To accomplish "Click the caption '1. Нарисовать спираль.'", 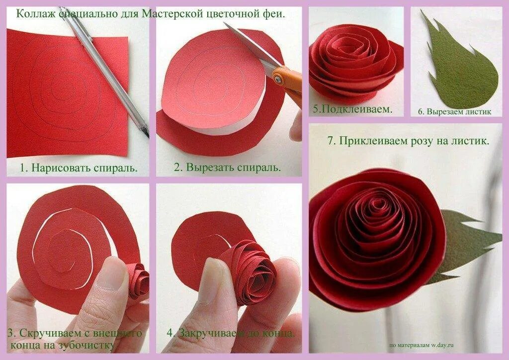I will tap(79, 168).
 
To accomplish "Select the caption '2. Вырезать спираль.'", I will tap(227, 168).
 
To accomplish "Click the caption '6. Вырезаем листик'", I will tap(454, 112).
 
